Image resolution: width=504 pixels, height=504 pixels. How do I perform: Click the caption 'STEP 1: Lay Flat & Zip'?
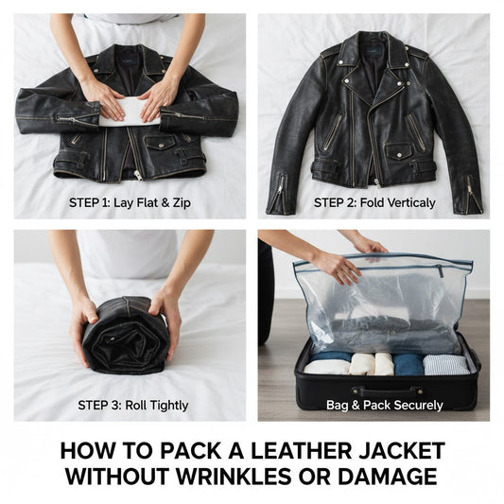(x=129, y=202)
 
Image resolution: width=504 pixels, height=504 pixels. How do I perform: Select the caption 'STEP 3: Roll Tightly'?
(x=129, y=406)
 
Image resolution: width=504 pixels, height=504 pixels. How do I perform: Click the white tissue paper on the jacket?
(x=130, y=112)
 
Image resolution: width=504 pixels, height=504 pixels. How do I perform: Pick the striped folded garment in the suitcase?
(x=444, y=364)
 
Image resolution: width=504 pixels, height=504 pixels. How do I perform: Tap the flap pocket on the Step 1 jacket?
(x=158, y=143)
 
